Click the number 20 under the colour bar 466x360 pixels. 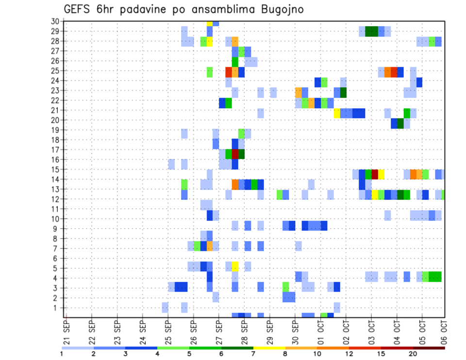(x=413, y=354)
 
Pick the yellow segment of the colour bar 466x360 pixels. (x=269, y=348)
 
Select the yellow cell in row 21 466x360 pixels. (x=337, y=113)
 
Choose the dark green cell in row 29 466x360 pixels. (x=371, y=32)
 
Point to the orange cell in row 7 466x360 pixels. (x=210, y=246)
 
